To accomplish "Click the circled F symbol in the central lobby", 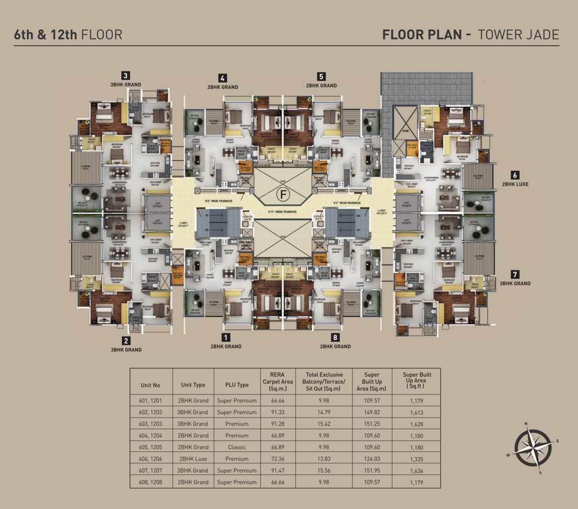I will coord(283,195).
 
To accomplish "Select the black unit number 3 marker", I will coord(125,76).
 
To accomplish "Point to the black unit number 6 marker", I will coord(514,175).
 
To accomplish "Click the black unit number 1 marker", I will coord(226,337).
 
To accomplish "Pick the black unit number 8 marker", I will coord(335,337).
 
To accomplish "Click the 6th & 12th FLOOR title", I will coord(68,34).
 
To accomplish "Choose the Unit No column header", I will coord(151,384).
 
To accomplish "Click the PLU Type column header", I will coord(237,384).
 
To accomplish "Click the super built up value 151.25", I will coord(371,424).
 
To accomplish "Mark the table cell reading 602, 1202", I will coord(151,412).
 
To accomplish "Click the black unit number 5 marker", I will coord(321,76).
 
